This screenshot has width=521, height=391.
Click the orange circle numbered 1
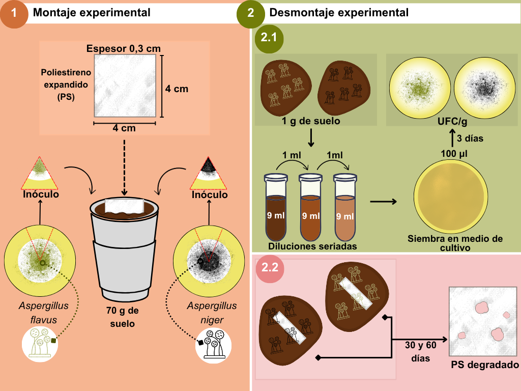tap(14, 13)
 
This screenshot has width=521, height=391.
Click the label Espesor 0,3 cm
tap(124, 48)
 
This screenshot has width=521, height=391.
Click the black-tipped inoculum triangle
tap(208, 173)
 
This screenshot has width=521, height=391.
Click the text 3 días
tap(470, 138)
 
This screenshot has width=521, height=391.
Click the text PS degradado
tap(485, 365)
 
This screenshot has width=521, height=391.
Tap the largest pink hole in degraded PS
tap(480, 308)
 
